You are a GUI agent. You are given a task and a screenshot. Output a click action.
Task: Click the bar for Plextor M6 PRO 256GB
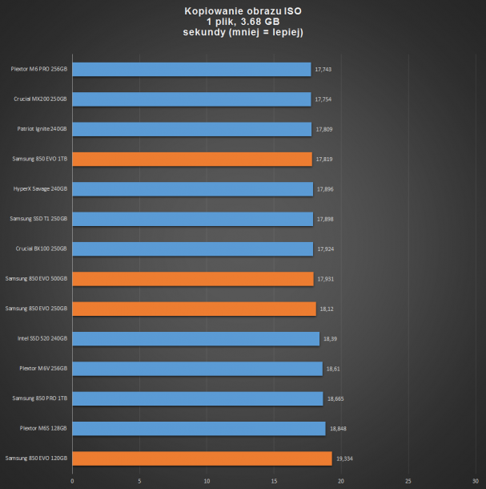191,70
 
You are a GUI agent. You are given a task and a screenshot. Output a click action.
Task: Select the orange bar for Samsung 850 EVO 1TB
192,160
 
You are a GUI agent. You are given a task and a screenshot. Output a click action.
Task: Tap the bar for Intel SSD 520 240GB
195,338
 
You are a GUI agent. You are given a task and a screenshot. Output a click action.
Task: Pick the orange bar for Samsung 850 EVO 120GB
202,459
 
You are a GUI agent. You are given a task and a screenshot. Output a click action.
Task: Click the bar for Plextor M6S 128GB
199,428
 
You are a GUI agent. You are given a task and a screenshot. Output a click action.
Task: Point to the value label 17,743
323,70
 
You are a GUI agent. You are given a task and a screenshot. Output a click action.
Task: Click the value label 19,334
345,459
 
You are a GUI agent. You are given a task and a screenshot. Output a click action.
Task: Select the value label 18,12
326,309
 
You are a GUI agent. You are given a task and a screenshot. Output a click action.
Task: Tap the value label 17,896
325,189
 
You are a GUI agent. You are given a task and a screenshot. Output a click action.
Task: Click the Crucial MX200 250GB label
41,99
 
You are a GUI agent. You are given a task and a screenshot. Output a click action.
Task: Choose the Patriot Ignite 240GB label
42,129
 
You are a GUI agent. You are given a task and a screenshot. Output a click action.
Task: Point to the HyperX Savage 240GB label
41,189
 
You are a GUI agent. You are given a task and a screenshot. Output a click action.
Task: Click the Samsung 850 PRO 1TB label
40,398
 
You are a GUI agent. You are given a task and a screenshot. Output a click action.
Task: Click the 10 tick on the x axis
207,482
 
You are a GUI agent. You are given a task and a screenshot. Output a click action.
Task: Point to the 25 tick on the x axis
408,482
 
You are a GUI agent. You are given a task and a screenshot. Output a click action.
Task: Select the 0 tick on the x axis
72,482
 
